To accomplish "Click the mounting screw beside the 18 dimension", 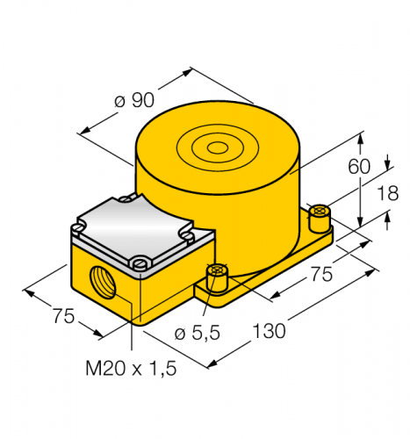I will [x=320, y=213].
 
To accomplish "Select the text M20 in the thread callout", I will [x=99, y=370].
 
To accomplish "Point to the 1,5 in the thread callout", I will [x=160, y=370].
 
